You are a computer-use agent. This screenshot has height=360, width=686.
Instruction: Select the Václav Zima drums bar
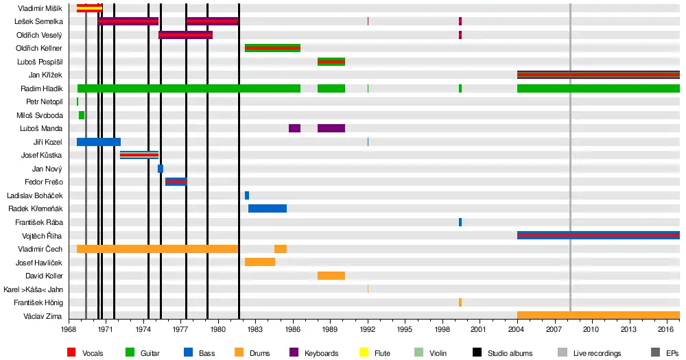(598, 315)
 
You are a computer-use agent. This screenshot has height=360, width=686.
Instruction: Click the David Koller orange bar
(331, 276)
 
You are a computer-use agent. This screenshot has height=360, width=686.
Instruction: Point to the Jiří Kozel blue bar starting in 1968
(99, 142)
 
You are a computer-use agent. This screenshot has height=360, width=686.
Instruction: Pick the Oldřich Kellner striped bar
(272, 48)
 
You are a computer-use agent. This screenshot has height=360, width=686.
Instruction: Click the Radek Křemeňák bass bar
(268, 208)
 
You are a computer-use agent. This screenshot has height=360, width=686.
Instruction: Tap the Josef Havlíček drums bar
(260, 262)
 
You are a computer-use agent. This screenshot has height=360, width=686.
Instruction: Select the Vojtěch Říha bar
(598, 235)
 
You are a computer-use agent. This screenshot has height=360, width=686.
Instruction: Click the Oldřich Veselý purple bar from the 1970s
(185, 35)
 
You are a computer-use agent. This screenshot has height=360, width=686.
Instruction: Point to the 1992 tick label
(368, 330)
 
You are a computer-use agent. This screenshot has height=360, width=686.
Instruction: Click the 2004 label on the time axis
(517, 330)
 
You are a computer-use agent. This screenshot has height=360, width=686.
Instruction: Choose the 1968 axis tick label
(69, 330)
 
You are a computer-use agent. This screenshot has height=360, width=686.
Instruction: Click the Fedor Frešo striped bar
(176, 182)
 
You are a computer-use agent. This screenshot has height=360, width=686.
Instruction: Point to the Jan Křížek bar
(598, 75)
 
